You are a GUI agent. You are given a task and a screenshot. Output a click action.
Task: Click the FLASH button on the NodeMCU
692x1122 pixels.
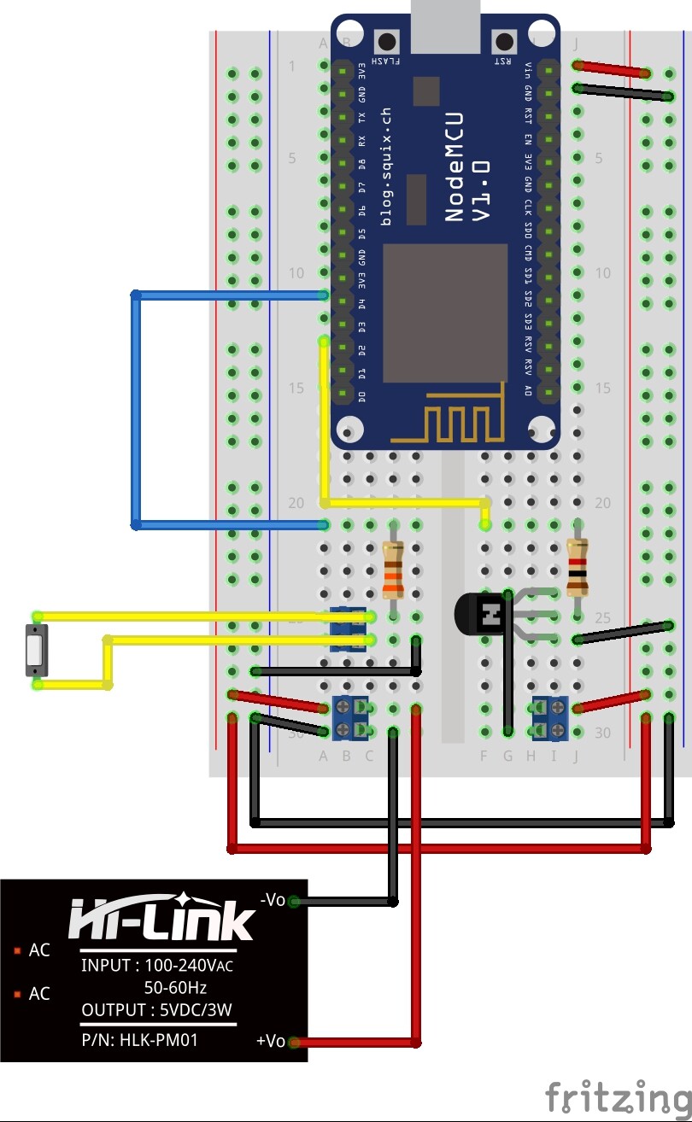point(389,42)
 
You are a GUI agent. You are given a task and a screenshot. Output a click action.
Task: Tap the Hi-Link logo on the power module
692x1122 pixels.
point(161,918)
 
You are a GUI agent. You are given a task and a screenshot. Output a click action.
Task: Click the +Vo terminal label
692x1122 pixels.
point(270,1041)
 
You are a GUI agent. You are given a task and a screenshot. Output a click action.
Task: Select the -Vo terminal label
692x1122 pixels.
point(272,899)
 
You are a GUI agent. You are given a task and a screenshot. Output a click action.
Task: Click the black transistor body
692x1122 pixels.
point(480,613)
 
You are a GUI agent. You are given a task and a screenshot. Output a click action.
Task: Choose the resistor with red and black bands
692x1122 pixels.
point(578,567)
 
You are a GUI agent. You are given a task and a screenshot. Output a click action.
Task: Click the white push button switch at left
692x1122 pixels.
point(34,651)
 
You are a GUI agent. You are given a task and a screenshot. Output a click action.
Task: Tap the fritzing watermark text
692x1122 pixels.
point(618,1096)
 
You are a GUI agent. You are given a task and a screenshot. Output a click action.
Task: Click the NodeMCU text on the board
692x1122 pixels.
point(454,167)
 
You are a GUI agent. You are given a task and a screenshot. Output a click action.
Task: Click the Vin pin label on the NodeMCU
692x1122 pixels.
point(529,67)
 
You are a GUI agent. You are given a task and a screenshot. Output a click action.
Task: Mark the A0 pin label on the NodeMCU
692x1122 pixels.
point(529,391)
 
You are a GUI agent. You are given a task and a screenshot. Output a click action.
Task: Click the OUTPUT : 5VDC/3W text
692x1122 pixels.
point(156,1010)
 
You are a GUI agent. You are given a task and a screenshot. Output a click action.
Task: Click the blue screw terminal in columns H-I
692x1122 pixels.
point(550,716)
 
